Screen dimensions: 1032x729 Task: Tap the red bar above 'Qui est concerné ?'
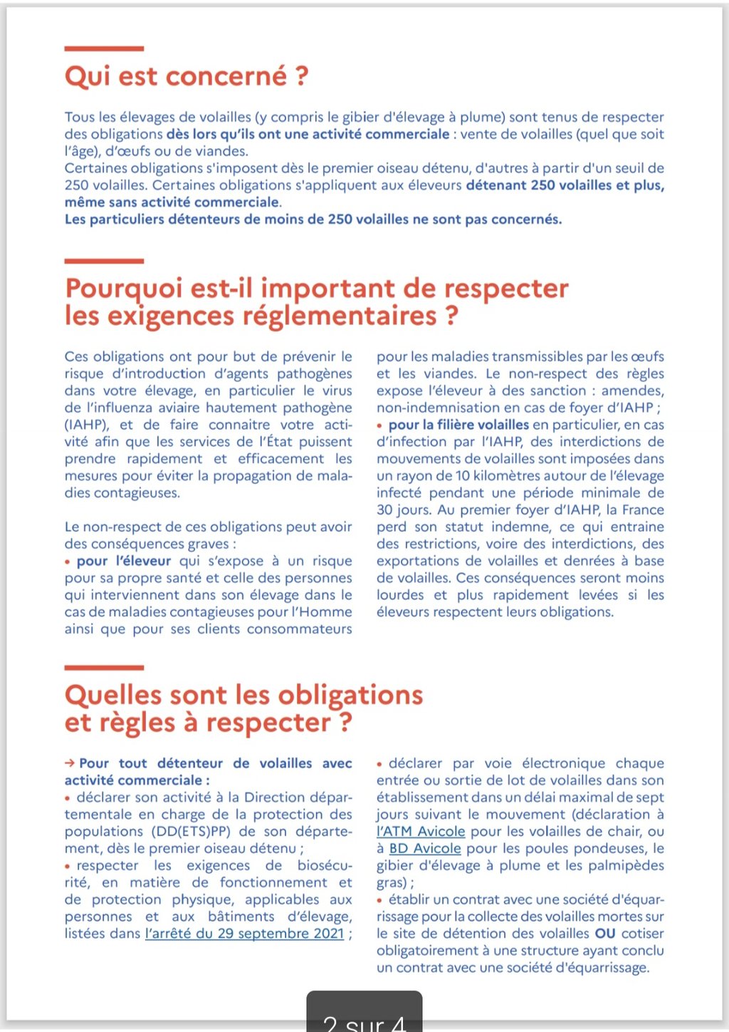(x=104, y=48)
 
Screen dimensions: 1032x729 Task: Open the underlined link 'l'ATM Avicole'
(x=421, y=831)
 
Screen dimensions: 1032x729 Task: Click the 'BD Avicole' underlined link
(x=425, y=848)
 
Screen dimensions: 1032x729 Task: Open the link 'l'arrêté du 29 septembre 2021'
(x=245, y=934)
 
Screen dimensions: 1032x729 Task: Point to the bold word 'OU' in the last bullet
(x=605, y=934)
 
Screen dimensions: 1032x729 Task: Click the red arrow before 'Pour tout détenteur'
(x=70, y=763)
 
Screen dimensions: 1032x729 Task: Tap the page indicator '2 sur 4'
(x=364, y=1023)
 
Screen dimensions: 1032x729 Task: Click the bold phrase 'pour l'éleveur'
(x=124, y=561)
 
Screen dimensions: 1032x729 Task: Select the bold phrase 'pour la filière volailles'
(x=458, y=425)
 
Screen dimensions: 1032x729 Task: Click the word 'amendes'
(x=631, y=391)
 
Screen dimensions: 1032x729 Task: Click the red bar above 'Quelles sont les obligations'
(x=104, y=668)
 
